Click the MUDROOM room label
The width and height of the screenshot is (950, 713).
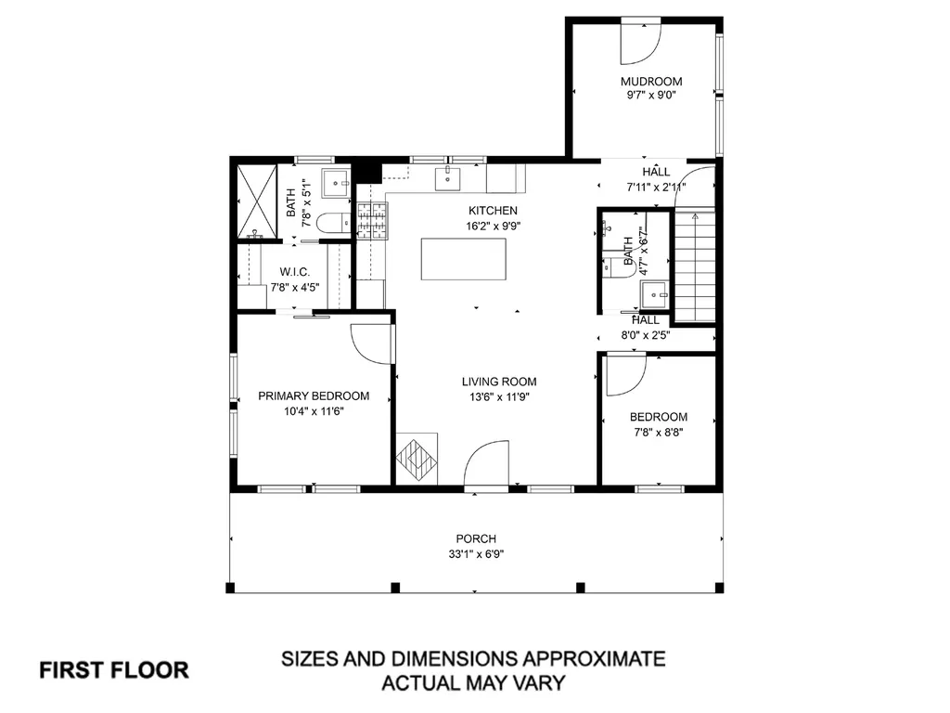click(651, 81)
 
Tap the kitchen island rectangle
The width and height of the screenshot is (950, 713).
click(464, 259)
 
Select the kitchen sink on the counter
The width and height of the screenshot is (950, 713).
click(450, 175)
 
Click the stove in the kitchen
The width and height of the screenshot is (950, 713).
click(372, 222)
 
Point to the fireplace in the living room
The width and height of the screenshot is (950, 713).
click(417, 459)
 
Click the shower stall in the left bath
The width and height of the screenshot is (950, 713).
click(255, 201)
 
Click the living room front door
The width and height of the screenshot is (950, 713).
click(487, 464)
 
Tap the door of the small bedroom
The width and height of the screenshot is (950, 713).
click(625, 371)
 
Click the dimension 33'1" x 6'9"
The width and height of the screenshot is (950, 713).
click(475, 554)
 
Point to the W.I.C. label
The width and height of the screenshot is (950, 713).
click(294, 272)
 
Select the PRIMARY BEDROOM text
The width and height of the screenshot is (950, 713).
click(314, 395)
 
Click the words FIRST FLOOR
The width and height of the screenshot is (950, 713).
click(114, 669)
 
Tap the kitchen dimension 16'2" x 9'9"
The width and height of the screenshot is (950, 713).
click(493, 226)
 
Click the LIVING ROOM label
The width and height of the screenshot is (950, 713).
click(499, 382)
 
